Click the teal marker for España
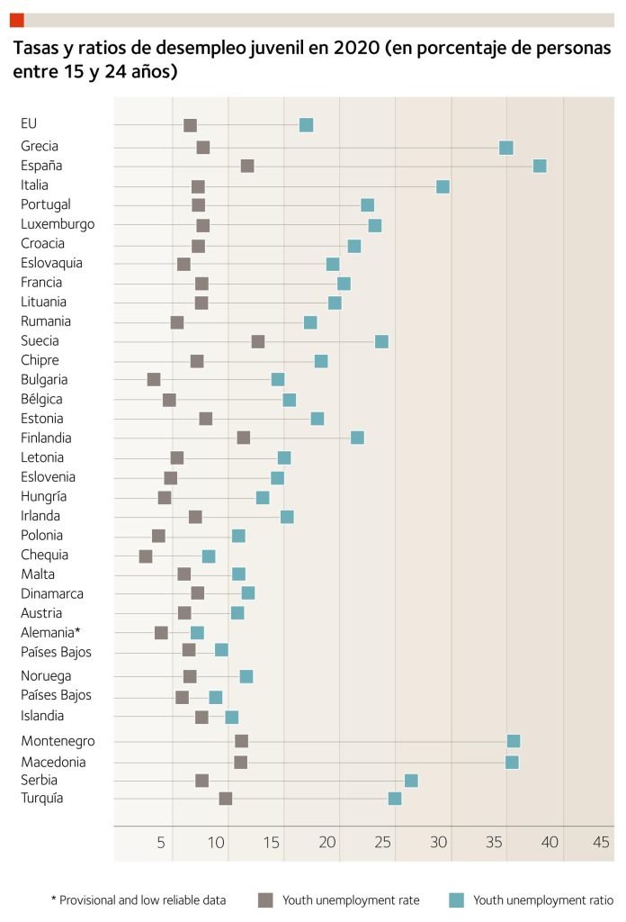coord(540,166)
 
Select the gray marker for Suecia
coord(258,341)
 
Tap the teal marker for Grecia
coord(506,148)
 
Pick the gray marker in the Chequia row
coord(146,556)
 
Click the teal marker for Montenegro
coord(514,741)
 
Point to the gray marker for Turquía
coord(226,799)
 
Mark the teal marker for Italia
coord(443,186)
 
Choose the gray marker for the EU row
coord(190,125)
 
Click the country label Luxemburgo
coord(58,224)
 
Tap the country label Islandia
coord(42,716)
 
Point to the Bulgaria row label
coord(44,380)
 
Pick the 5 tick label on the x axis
coord(162,843)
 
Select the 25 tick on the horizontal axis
coord(384,843)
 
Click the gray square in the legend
coord(265,899)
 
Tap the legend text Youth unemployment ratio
coord(543,899)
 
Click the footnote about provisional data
coord(139,899)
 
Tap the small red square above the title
coord(17,20)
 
